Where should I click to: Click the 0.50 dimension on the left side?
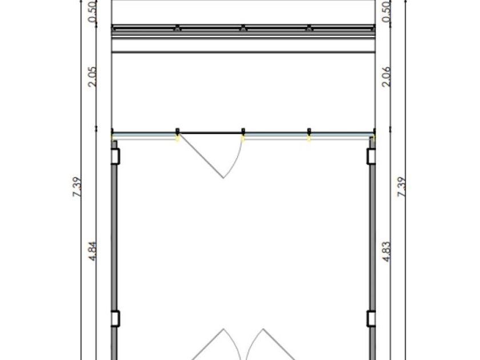pyautogui.click(x=92, y=11)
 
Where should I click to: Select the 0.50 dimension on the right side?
pyautogui.click(x=386, y=11)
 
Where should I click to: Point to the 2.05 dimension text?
pyautogui.click(x=92, y=77)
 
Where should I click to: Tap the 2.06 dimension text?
pyautogui.click(x=386, y=77)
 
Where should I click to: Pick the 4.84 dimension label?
pyautogui.click(x=92, y=251)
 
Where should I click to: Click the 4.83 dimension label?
pyautogui.click(x=386, y=251)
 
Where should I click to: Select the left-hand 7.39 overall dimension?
pyautogui.click(x=77, y=187)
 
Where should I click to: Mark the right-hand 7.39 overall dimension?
pyautogui.click(x=401, y=187)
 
